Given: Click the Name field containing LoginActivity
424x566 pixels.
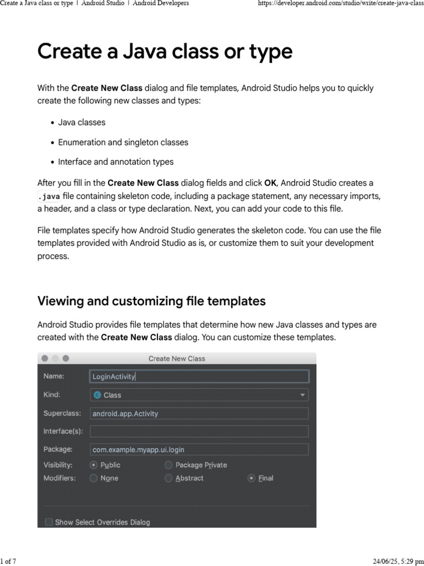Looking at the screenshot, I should coord(199,376).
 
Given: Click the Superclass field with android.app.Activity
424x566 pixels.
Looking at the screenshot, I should coord(199,413).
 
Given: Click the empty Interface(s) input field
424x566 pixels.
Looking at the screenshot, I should coord(199,431).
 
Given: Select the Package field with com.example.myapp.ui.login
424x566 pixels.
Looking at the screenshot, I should coord(199,449).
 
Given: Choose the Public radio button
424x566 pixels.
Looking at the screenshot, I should coord(94,465).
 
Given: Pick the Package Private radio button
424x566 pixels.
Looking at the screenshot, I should coord(168,465).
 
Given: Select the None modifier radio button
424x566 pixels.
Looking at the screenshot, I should coord(94,478).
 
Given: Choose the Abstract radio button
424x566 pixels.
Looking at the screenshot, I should coord(168,478).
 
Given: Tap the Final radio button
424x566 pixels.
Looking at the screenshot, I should coord(252,478).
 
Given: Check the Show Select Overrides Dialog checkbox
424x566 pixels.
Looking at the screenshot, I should coord(49,522).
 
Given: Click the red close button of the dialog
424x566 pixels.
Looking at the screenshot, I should coord(45,358).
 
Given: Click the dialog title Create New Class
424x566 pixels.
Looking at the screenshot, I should coord(177,359).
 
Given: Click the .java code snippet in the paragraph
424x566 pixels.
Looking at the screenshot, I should coord(49,197).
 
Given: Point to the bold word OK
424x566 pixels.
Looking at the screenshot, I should coord(270,183).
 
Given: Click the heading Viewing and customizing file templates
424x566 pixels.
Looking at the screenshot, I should coord(151,301).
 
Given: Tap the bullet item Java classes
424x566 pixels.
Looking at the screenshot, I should coord(82,122).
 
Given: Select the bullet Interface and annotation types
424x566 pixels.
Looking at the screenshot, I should coord(115,162).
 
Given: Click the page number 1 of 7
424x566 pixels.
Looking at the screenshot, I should coord(8,562).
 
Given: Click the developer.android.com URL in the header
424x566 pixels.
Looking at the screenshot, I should coord(340,3).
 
